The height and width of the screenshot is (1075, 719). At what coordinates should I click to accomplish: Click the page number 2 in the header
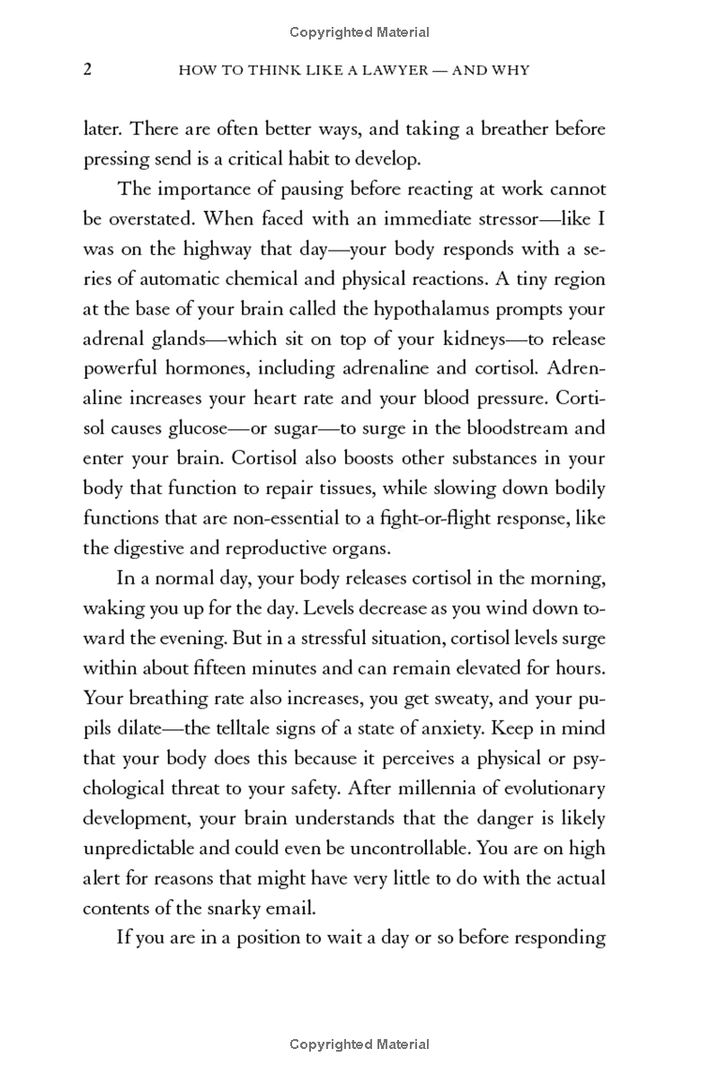87,69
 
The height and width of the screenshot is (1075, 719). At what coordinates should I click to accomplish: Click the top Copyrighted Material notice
359,32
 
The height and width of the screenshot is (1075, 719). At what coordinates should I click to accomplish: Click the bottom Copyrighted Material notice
359,1044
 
